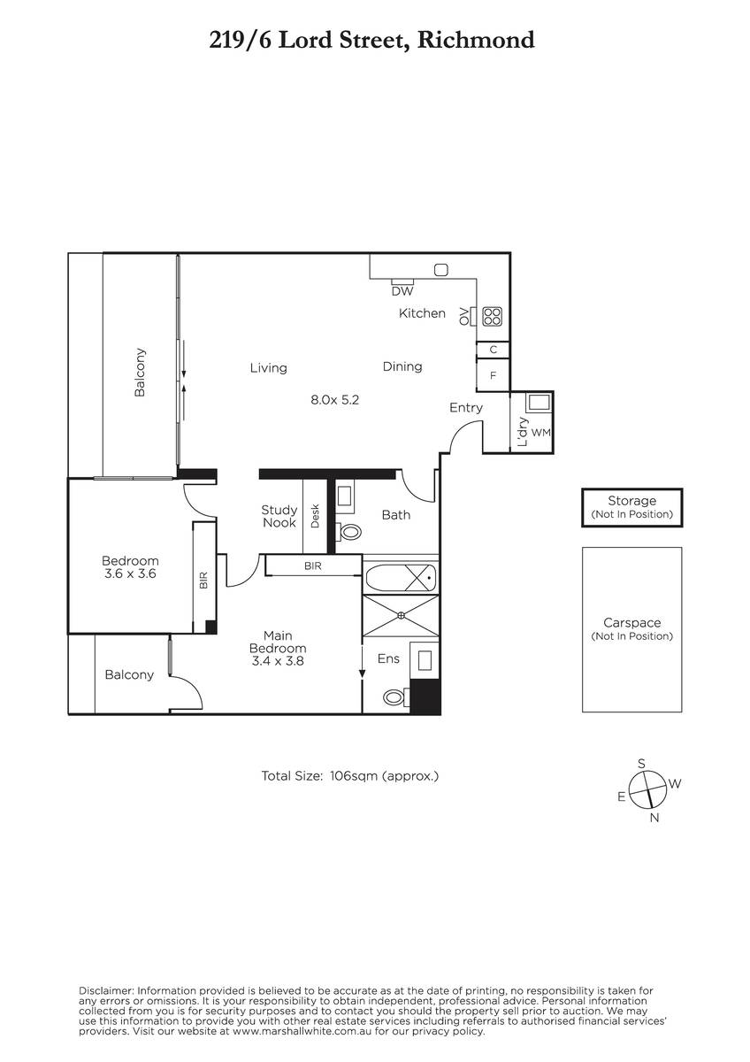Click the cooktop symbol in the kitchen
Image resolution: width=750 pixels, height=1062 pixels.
(492, 316)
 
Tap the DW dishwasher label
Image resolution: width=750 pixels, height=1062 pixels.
(402, 291)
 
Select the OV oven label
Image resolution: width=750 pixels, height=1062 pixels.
(463, 316)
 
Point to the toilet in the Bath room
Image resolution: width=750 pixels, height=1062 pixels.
(348, 532)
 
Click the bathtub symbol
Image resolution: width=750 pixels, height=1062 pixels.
(400, 578)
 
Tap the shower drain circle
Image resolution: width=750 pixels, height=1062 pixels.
(401, 615)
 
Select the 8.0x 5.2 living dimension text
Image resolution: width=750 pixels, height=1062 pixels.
(334, 400)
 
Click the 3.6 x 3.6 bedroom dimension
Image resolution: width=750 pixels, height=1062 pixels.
(130, 573)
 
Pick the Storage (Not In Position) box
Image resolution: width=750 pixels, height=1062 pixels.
(632, 507)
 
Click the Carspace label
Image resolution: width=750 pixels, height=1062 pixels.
(632, 622)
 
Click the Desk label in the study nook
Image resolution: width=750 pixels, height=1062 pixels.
(315, 516)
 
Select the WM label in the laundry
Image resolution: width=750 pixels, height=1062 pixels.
(541, 433)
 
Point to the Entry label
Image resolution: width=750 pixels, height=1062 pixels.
(466, 408)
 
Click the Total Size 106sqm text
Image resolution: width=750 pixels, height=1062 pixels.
(350, 776)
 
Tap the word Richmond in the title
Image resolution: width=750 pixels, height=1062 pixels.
(476, 40)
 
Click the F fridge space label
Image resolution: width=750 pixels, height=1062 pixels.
(493, 375)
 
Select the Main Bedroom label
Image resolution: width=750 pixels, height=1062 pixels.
(278, 642)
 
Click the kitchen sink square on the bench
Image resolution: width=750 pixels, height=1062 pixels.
(441, 270)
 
